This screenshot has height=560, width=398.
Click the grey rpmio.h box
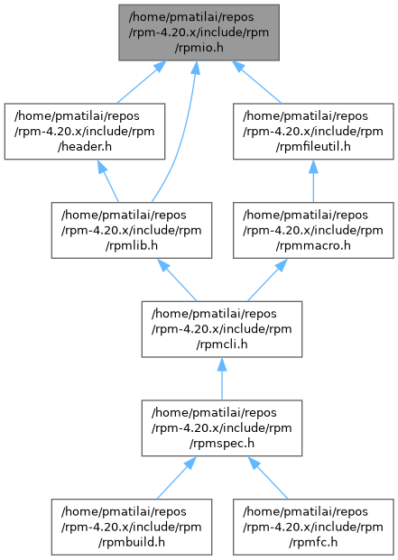tap(199, 32)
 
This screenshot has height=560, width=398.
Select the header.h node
tap(85, 132)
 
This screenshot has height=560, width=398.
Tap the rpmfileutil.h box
tap(313, 132)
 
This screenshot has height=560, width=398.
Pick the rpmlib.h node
tap(132, 230)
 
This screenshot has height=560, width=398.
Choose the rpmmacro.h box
tap(313, 230)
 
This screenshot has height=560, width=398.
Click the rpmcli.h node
tap(222, 329)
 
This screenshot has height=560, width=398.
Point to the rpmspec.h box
tap(222, 427)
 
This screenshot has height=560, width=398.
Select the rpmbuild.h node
tap(132, 527)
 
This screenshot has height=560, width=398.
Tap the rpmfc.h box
tap(313, 527)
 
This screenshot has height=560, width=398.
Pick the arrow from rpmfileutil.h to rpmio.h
tap(256, 82)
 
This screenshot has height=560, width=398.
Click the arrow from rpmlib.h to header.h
tap(108, 181)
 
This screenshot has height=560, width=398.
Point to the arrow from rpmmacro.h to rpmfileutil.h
tap(313, 181)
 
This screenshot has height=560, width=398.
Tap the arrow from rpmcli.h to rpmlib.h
tap(177, 280)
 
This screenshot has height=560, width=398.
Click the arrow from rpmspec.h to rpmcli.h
tap(222, 379)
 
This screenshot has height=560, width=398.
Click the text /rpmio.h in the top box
tap(199, 48)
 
